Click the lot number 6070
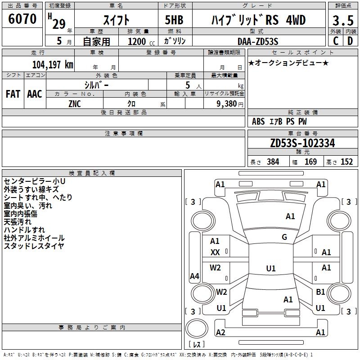[22, 19]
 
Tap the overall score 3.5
[343, 20]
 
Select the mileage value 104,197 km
[53, 65]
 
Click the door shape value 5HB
[174, 20]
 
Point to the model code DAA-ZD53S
[258, 41]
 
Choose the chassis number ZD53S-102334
[302, 143]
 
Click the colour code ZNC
[75, 104]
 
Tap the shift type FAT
[13, 94]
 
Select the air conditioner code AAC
[35, 94]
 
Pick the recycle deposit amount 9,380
[227, 104]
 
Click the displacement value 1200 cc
[141, 41]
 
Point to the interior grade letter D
[350, 41]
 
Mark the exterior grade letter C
[336, 41]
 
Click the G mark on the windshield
[284, 237]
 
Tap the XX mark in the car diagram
[215, 252]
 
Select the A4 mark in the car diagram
[194, 276]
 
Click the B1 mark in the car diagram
[320, 292]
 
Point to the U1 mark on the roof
[271, 268]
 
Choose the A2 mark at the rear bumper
[220, 332]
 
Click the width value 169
[310, 162]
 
